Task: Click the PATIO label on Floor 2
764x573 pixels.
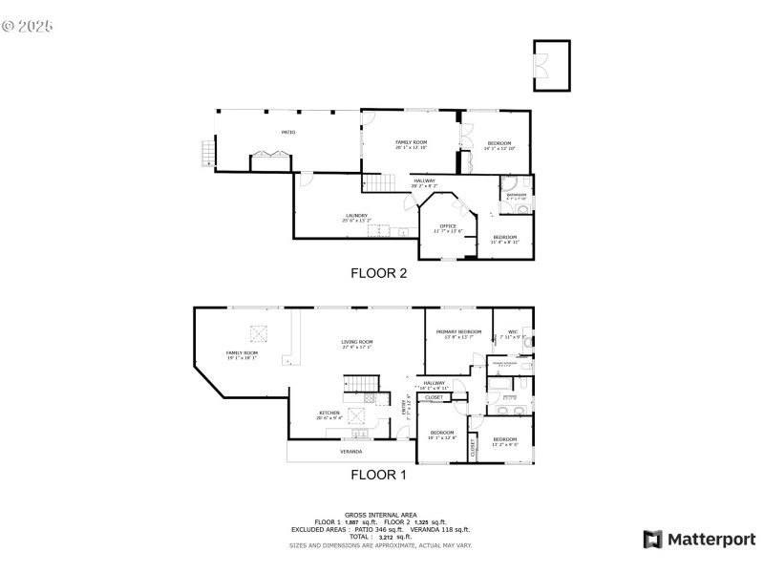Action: coord(287,132)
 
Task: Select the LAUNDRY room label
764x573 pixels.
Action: coord(356,216)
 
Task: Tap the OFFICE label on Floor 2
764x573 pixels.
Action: coord(448,226)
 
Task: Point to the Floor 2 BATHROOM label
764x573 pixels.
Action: coord(516,195)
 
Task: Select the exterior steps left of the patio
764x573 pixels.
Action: coord(205,153)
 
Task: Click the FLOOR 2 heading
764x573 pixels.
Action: coord(379,273)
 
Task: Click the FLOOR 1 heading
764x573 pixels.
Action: coord(378,474)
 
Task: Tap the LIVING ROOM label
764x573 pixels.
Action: coord(357,342)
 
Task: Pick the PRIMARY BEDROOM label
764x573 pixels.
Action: coord(458,332)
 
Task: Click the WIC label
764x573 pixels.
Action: coord(512,332)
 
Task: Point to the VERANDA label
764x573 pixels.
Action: coord(350,451)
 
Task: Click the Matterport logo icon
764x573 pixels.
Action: coord(652,540)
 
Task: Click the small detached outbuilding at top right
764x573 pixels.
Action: coord(551,66)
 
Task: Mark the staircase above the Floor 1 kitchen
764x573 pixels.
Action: coord(356,384)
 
